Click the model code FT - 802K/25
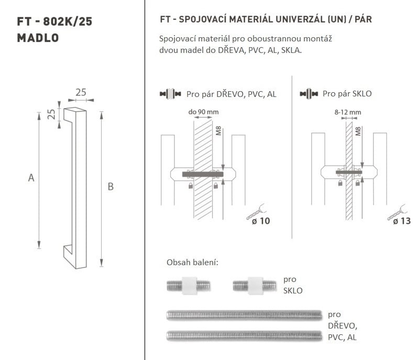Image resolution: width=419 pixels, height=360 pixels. tap(54, 21)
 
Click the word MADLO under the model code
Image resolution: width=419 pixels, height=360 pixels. tap(38, 38)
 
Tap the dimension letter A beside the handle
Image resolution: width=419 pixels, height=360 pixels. tap(31, 178)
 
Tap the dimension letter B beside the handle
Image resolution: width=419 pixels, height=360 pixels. tap(111, 187)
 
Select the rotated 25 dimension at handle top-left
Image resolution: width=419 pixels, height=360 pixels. tap(51, 114)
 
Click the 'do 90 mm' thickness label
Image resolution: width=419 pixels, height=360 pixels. tap(203, 112)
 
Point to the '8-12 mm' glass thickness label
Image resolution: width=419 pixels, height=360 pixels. tap(348, 112)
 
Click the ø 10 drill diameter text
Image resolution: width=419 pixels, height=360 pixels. tap(261, 221)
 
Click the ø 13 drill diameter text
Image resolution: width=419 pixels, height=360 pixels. tap(402, 221)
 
